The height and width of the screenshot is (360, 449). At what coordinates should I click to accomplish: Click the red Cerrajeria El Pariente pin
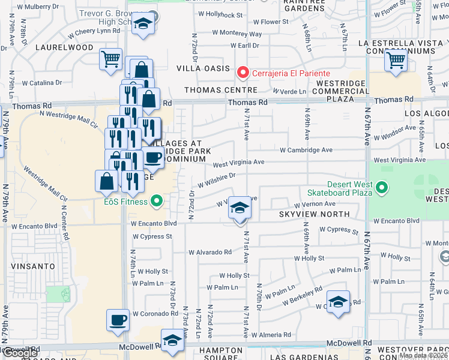pyautogui.click(x=243, y=73)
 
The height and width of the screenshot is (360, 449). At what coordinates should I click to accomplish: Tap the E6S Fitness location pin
pyautogui.click(x=157, y=201)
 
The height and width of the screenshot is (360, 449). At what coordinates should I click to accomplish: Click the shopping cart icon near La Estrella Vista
pyautogui.click(x=396, y=60)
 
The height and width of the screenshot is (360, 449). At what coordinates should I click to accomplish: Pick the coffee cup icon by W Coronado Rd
pyautogui.click(x=118, y=319)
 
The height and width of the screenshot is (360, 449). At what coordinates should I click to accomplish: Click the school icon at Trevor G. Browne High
pyautogui.click(x=143, y=25)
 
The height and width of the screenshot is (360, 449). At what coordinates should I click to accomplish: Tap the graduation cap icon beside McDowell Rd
pyautogui.click(x=172, y=340)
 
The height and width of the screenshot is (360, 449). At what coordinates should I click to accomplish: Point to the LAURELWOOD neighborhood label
pyautogui.click(x=64, y=47)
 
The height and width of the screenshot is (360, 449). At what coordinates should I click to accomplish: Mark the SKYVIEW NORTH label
pyautogui.click(x=314, y=214)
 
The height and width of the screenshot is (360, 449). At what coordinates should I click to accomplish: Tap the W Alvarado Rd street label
pyautogui.click(x=208, y=252)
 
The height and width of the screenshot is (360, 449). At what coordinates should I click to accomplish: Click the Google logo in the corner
pyautogui.click(x=20, y=353)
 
